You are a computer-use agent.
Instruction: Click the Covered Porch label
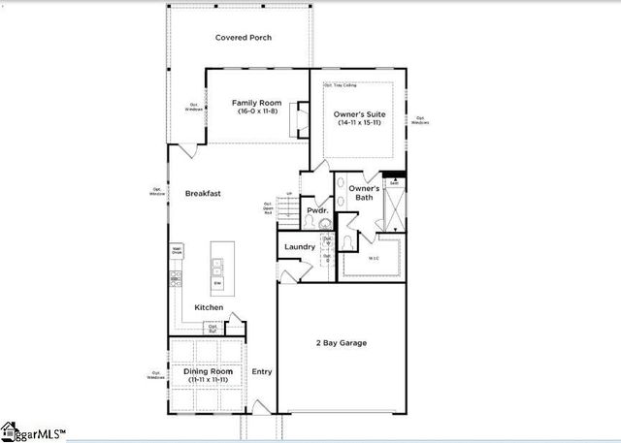[243, 38]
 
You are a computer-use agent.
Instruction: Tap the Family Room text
[256, 103]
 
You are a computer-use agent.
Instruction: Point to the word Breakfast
[203, 194]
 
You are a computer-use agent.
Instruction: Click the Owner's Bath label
[363, 192]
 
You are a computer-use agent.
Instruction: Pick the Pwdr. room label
[317, 210]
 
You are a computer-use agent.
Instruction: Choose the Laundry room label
[300, 247]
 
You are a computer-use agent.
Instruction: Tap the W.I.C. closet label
[374, 258]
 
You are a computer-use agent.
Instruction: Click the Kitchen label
[209, 307]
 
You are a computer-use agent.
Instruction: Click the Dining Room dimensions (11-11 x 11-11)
[206, 380]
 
